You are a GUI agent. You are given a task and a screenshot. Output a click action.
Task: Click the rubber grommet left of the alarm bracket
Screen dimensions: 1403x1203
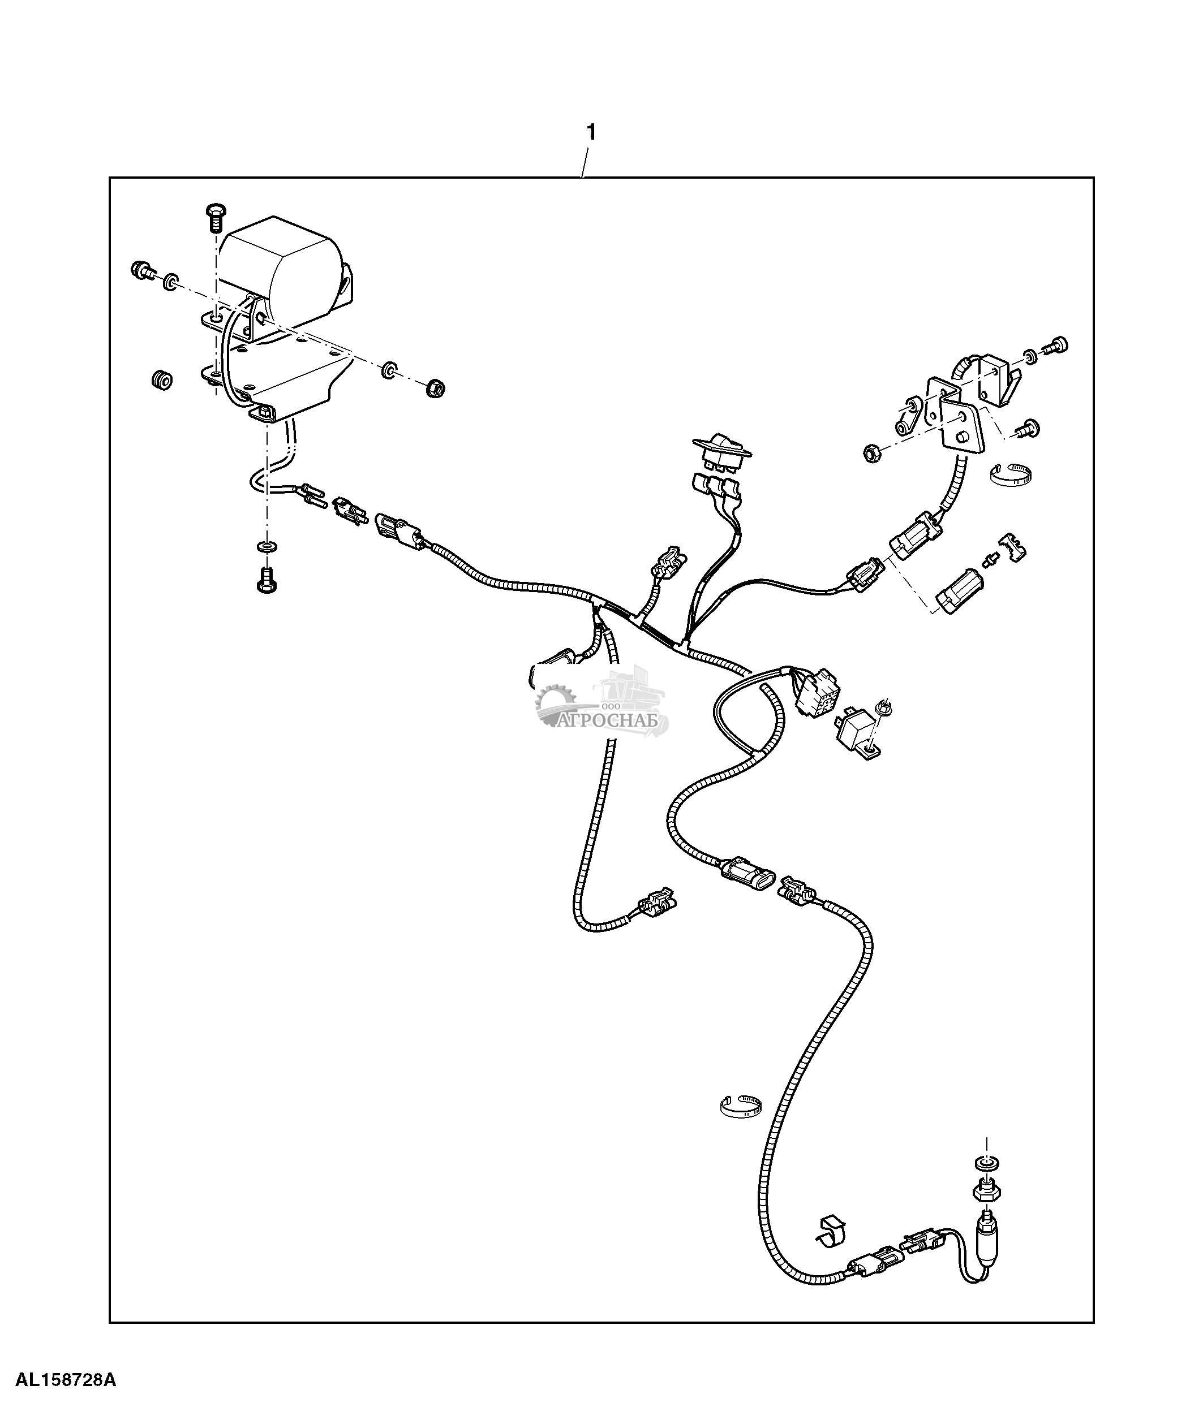(x=162, y=380)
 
